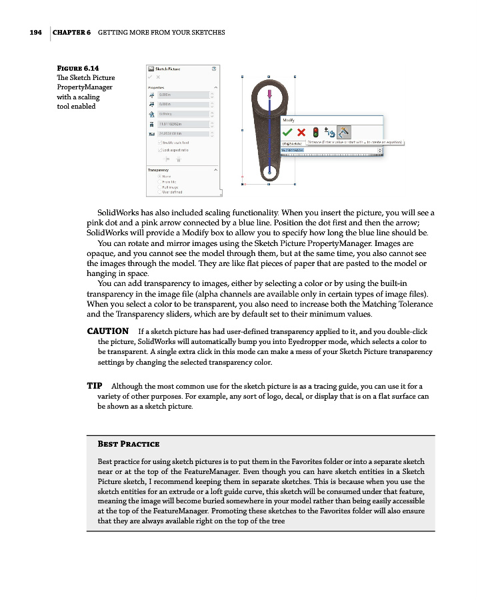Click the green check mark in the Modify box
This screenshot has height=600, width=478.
point(287,131)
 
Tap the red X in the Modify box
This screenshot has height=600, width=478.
point(301,131)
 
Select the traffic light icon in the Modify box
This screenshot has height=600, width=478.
point(315,131)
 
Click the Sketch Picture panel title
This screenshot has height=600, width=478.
point(168,69)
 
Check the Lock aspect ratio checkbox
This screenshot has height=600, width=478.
point(159,150)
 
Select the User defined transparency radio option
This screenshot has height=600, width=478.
point(159,193)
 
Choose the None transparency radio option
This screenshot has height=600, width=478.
point(159,177)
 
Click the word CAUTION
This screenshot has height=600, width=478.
point(108,331)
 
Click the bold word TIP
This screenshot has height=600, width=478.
point(94,386)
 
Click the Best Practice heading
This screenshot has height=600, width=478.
point(128,444)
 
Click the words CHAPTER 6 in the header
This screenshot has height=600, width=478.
point(71,33)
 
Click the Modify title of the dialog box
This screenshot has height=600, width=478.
point(289,120)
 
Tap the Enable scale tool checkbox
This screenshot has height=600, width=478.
point(159,143)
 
